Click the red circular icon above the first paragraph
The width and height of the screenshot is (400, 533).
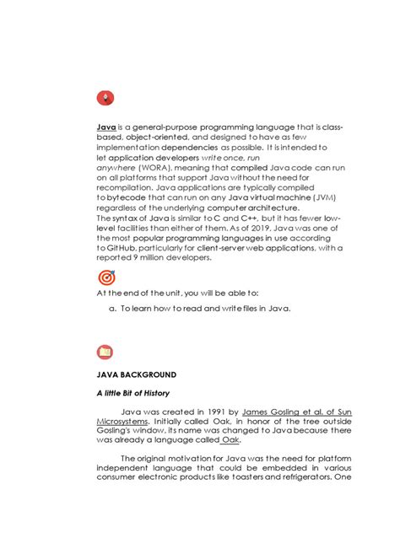(105, 98)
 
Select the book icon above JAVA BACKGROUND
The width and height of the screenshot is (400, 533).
(105, 352)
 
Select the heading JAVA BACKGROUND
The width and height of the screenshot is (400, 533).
(136, 373)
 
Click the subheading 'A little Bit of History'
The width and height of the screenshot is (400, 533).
(133, 393)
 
